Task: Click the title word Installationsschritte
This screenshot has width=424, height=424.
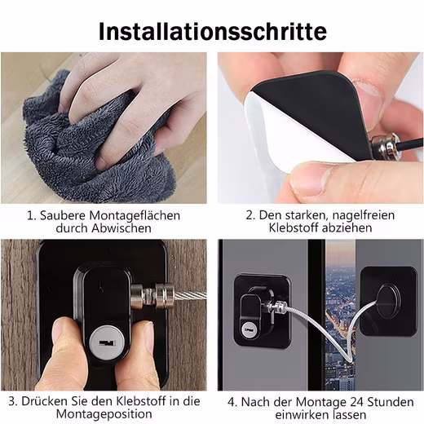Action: coord(213,32)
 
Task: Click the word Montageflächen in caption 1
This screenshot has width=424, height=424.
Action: coord(135,216)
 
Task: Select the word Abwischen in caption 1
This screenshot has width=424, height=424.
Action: coord(121,228)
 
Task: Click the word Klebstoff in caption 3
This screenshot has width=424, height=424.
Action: coord(141,401)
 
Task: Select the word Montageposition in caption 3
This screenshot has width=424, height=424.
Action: coord(104,414)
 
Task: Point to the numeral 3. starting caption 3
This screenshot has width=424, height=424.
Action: coord(13,402)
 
